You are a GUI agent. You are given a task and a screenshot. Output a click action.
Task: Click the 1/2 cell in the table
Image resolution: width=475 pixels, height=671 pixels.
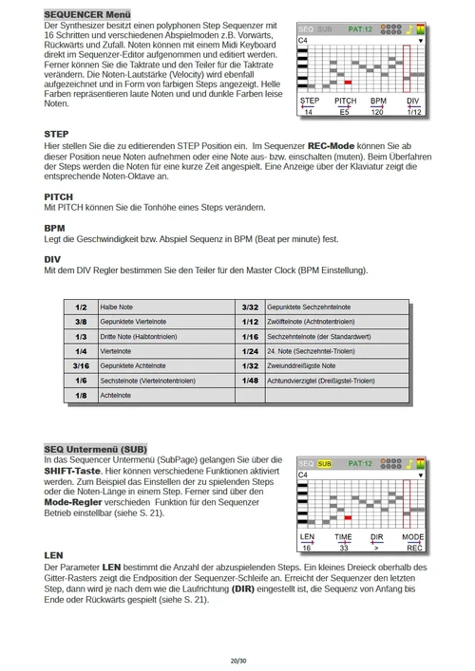click(81, 308)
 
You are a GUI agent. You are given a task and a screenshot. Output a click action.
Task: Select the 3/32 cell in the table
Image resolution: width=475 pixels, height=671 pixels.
click(250, 308)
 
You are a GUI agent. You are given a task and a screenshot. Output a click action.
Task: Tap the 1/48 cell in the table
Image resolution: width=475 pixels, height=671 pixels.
click(250, 380)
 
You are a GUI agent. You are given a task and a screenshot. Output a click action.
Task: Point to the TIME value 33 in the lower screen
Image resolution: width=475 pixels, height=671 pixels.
click(343, 547)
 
